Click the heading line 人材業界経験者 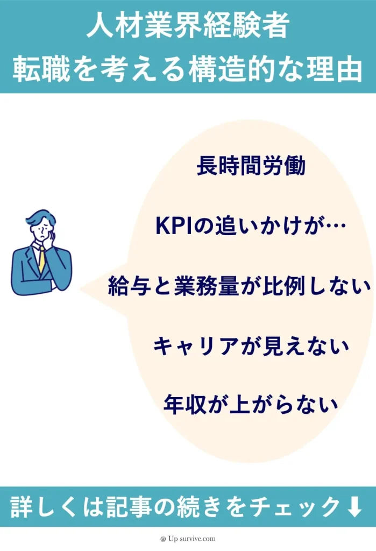188,27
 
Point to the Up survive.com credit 188,538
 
